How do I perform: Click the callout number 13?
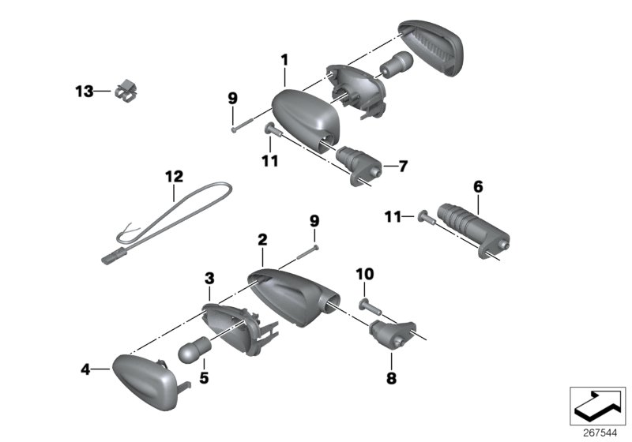click(84, 92)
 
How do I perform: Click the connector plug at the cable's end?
click(112, 257)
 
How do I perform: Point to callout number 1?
click(284, 59)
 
